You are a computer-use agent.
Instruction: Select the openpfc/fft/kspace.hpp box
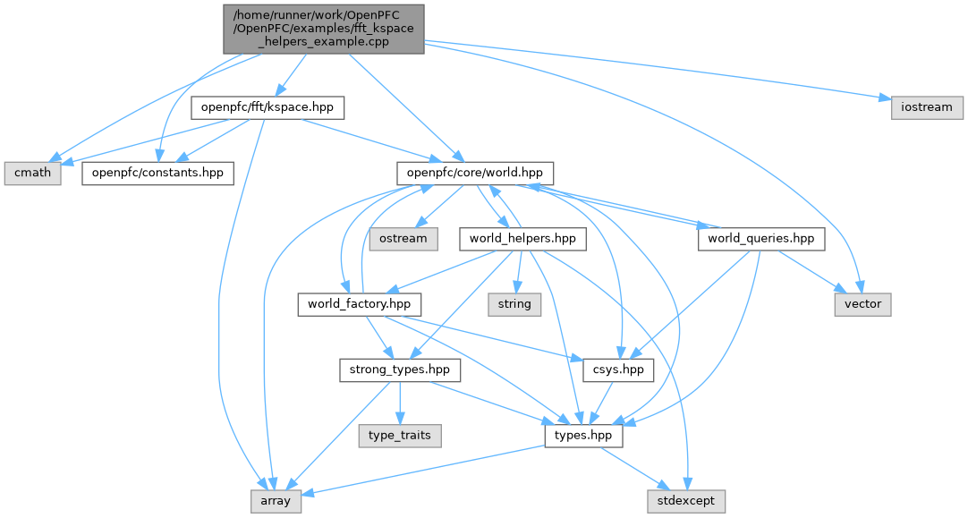point(267,107)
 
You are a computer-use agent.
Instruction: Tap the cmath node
point(33,173)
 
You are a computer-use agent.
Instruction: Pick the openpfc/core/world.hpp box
point(476,173)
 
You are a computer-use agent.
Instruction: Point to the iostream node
point(927,107)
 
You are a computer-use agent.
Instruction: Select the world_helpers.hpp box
point(522,239)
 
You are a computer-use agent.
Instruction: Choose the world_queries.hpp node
point(760,239)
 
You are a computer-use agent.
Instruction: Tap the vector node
point(862,304)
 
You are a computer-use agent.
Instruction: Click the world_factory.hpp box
point(359,304)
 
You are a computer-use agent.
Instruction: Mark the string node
point(514,304)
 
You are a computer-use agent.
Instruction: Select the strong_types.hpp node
point(399,369)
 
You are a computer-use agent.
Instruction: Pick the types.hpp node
point(583,436)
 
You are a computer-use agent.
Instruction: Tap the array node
point(276,501)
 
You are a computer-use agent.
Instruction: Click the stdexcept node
point(686,501)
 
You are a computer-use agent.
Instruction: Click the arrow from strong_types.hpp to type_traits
point(399,403)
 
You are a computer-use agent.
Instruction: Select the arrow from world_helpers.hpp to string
point(519,272)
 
